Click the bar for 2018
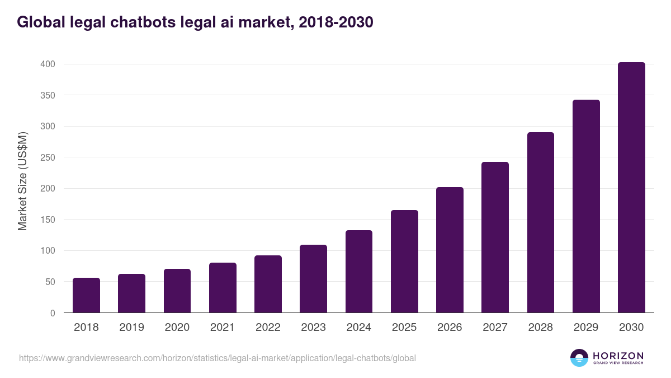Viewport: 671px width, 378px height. click(86, 295)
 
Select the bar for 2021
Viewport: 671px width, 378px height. click(223, 287)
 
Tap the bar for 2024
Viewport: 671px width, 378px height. click(359, 272)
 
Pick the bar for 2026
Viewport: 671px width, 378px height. click(450, 250)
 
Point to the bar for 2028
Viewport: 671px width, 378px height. click(541, 222)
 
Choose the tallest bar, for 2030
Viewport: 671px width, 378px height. click(631, 188)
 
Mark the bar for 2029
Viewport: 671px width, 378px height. click(586, 206)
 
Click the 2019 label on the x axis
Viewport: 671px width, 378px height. click(132, 328)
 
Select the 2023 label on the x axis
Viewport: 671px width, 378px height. click(313, 328)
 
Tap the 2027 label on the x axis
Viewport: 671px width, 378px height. click(495, 328)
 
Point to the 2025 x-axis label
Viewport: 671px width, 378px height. click(404, 328)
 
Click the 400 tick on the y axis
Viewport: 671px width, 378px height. click(48, 64)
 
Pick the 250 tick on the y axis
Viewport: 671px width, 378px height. click(48, 157)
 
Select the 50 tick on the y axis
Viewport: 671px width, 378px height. click(50, 282)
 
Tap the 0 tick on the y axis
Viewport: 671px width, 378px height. click(53, 313)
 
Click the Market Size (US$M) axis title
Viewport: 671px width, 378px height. click(23, 181)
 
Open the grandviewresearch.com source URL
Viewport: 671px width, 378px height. click(218, 358)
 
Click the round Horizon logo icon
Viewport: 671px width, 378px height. click(579, 358)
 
